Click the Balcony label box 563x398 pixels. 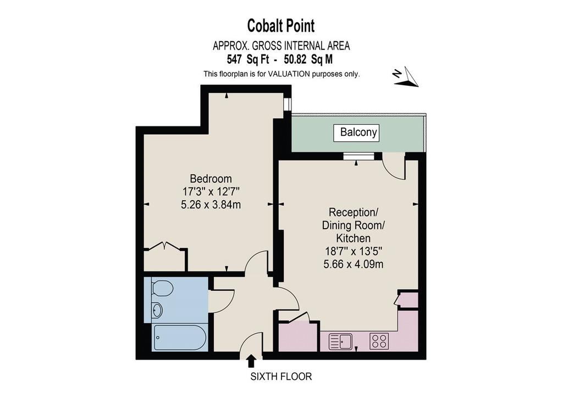click(x=356, y=133)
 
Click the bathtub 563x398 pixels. click(x=180, y=338)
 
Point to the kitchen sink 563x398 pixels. click(x=341, y=341)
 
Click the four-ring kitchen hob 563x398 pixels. click(x=379, y=341)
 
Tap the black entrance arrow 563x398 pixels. click(x=252, y=361)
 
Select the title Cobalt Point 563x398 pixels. click(x=281, y=26)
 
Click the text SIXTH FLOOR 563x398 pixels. click(x=281, y=377)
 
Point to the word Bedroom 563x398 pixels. click(x=211, y=178)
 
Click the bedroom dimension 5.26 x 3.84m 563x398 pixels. click(x=211, y=205)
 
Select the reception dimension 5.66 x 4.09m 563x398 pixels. click(x=354, y=264)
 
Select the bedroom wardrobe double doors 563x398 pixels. click(x=164, y=246)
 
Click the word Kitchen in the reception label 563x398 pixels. click(x=354, y=238)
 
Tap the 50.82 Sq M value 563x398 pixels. click(x=308, y=59)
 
